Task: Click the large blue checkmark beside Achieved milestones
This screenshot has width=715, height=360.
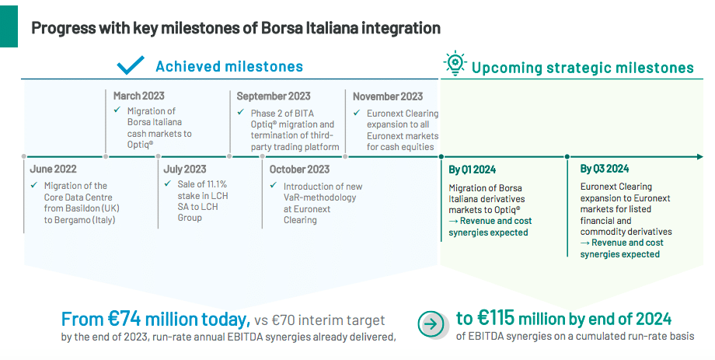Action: click(x=131, y=65)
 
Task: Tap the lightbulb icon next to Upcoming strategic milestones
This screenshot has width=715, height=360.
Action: click(x=455, y=65)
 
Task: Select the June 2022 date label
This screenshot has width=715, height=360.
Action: click(x=54, y=170)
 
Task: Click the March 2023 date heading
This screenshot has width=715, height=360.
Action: click(x=138, y=96)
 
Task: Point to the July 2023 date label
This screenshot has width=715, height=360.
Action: click(x=185, y=170)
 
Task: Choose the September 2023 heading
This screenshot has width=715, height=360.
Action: click(x=274, y=96)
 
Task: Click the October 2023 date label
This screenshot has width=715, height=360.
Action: click(x=299, y=170)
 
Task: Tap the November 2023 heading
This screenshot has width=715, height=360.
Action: click(x=388, y=96)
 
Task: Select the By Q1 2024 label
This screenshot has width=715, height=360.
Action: click(x=472, y=170)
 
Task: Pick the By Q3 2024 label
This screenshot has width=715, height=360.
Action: click(x=604, y=169)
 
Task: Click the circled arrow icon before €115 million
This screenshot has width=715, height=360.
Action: click(x=431, y=324)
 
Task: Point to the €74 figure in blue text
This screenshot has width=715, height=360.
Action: click(x=123, y=320)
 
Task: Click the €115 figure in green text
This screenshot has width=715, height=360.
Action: click(x=496, y=317)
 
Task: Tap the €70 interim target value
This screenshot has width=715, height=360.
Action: click(x=282, y=320)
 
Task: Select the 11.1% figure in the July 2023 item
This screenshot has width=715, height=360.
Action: click(x=214, y=184)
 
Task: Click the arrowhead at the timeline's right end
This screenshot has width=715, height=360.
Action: click(x=700, y=157)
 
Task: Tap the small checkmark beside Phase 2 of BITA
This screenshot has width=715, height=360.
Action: click(x=241, y=112)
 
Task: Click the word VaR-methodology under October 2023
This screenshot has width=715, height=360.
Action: click(x=319, y=198)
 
